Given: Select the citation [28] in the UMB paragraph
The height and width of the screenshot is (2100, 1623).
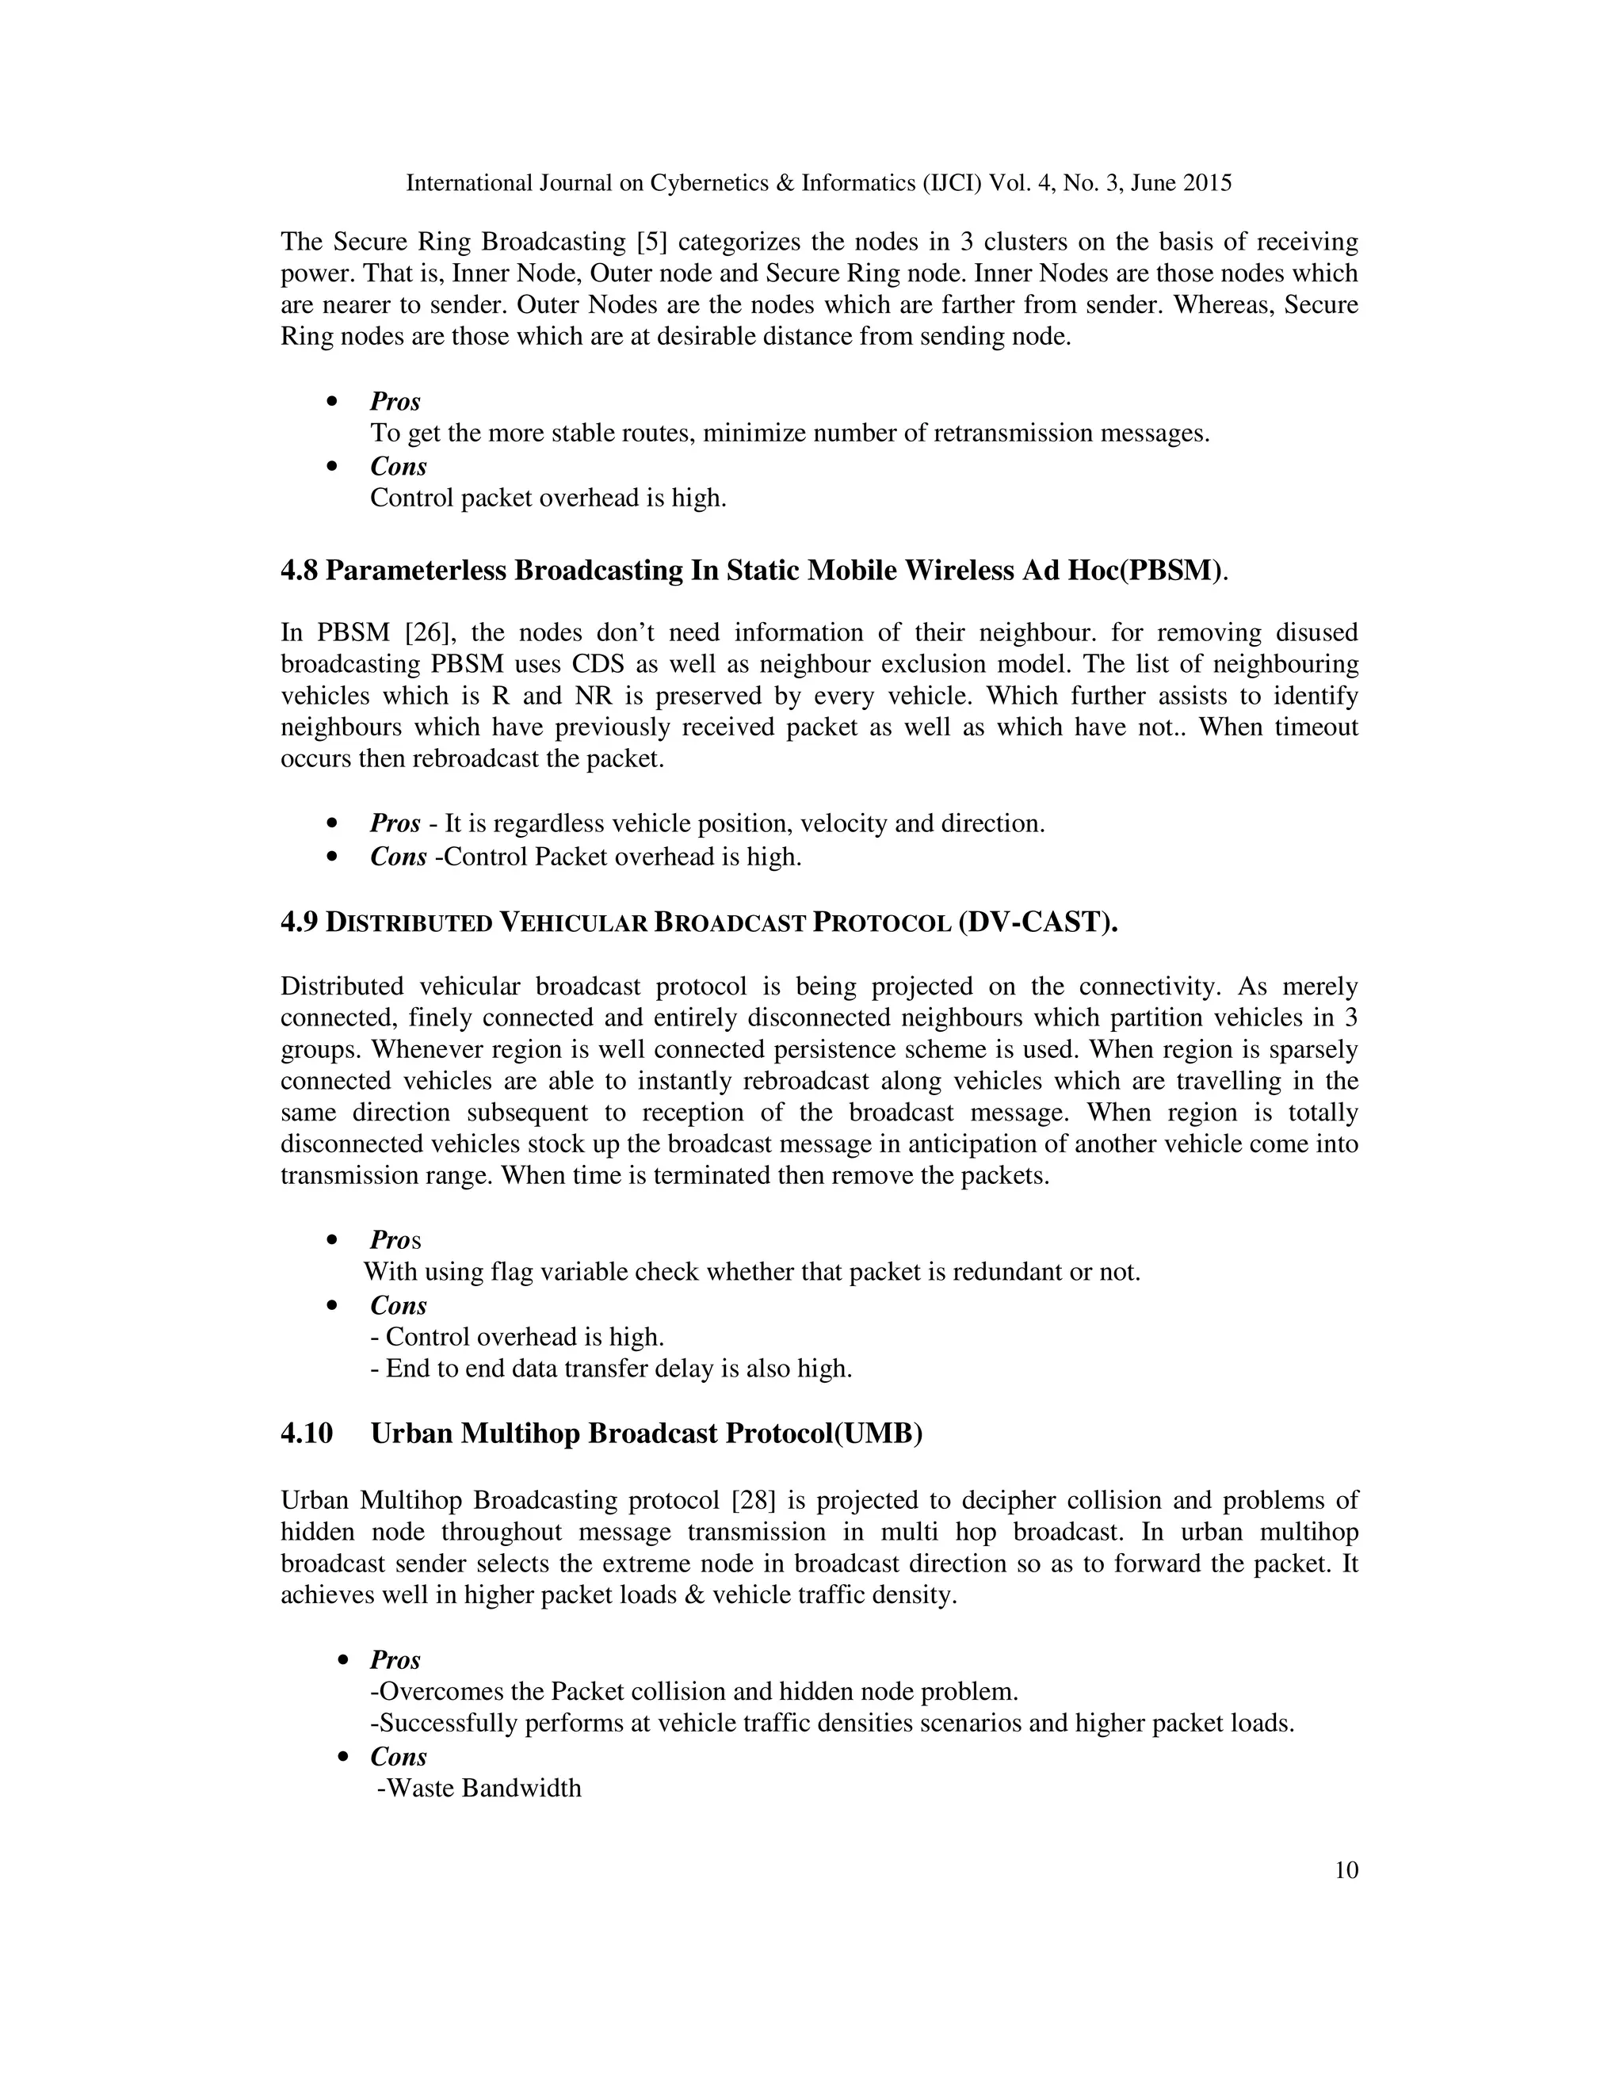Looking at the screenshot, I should [x=754, y=1500].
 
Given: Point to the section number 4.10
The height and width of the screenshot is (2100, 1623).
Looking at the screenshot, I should [x=307, y=1434].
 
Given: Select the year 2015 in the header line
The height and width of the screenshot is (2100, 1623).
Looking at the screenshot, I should [x=1207, y=183].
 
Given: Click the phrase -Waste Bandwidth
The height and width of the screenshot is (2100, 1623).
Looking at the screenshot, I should [x=479, y=1789].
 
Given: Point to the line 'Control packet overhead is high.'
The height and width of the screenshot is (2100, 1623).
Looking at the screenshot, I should [x=548, y=498].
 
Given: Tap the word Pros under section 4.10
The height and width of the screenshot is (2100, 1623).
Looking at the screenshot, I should [x=395, y=1659].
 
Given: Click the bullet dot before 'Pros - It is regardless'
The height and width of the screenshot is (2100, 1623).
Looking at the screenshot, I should [x=333, y=824].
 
